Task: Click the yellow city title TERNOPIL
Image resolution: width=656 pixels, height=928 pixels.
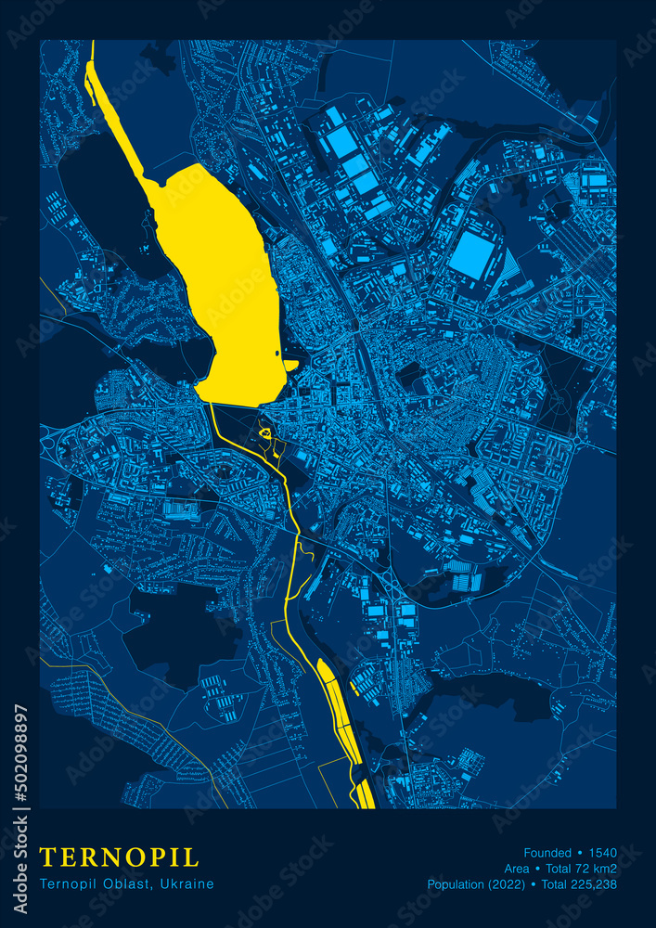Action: pos(119,856)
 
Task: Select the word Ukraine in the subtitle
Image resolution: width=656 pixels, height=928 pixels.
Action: pos(187,883)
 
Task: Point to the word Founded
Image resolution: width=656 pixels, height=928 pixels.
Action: pos(547,853)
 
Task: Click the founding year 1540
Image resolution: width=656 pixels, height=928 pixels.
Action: pos(602,853)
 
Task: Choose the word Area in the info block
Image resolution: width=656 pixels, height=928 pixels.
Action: pos(517,869)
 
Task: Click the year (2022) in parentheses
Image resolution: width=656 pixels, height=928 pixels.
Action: pos(509,884)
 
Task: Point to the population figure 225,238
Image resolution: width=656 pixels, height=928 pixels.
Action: pos(595,884)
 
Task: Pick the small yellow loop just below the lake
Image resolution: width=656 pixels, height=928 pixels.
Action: pos(265,432)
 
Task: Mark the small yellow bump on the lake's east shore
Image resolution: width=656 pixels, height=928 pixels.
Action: pos(291,366)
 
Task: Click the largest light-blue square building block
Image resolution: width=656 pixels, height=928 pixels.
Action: pos(472,254)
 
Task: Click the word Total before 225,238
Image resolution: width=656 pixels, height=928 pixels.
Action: pos(555,884)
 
